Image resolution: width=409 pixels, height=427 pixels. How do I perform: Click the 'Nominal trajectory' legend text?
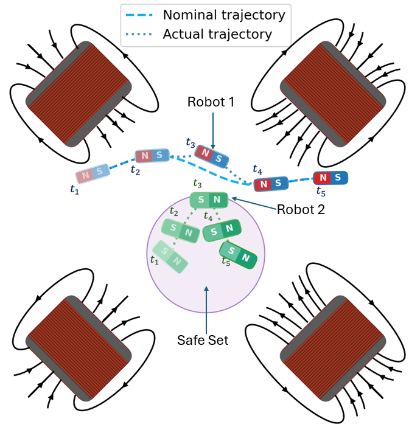(224, 15)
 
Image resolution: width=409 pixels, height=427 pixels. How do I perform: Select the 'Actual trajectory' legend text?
(217, 34)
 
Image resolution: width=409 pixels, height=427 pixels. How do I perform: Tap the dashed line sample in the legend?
(139, 15)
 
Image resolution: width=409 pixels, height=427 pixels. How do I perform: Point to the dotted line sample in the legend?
(139, 34)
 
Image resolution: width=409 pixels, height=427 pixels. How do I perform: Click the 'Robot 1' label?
(211, 102)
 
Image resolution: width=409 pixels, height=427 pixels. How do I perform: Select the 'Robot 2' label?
(301, 210)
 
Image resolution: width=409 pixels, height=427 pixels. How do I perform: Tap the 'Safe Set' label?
(203, 340)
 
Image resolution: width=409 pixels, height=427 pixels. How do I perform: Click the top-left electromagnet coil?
(79, 94)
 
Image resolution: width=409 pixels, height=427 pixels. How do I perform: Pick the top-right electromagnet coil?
(333, 94)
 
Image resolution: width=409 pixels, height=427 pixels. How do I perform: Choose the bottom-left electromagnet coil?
(79, 349)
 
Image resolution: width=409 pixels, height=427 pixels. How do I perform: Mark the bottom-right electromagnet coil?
(333, 349)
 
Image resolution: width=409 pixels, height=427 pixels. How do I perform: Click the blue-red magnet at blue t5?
(330, 178)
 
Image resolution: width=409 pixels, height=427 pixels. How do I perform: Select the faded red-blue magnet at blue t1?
(93, 173)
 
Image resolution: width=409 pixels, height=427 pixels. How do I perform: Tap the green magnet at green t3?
(209, 200)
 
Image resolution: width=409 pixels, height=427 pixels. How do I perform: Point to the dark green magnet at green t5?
(238, 255)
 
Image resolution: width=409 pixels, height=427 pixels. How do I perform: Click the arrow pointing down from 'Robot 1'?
(213, 131)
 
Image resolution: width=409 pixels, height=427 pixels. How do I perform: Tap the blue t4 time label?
(257, 169)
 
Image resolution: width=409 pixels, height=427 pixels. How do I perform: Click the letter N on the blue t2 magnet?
(145, 156)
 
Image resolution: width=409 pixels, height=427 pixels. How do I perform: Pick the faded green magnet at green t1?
(170, 257)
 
